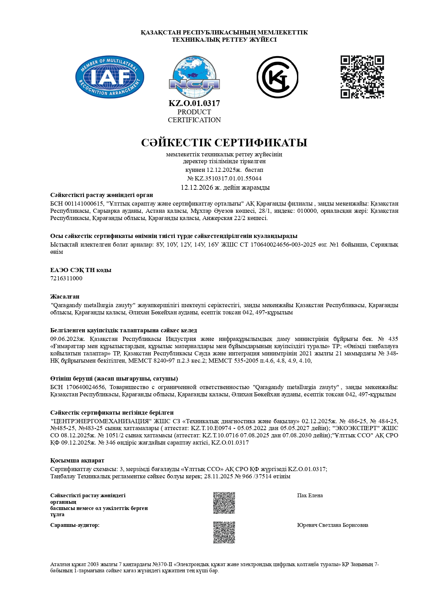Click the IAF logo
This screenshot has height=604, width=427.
click(109, 77)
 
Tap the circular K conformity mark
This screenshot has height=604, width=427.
click(277, 77)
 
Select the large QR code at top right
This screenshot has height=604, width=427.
click(362, 77)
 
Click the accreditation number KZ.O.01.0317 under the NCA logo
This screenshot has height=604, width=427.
click(194, 103)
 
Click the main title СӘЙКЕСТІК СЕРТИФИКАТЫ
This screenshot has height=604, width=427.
click(224, 143)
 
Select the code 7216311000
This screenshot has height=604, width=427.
click(66, 278)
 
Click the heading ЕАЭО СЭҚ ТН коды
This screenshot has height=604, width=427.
click(81, 270)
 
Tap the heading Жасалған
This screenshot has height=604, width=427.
click(65, 296)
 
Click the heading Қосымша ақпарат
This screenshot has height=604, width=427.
click(77, 460)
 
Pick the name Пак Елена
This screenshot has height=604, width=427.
click(310, 496)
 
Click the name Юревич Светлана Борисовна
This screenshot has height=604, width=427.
click(332, 525)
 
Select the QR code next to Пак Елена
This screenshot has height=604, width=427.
click(224, 503)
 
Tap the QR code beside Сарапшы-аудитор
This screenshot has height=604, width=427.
click(224, 533)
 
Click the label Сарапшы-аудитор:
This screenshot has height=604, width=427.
click(75, 525)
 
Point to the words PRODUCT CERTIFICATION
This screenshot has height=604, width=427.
click(194, 116)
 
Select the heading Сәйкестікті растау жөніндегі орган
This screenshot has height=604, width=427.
click(102, 195)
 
